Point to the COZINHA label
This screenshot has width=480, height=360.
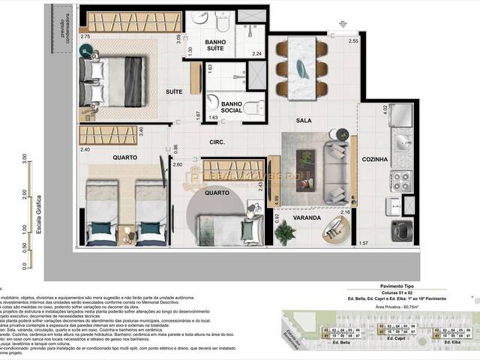pos(374,159)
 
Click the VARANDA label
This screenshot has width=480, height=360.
pos(307,218)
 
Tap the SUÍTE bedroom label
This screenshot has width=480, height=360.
pos(175,91)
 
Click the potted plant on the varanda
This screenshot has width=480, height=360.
pos(285,232)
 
